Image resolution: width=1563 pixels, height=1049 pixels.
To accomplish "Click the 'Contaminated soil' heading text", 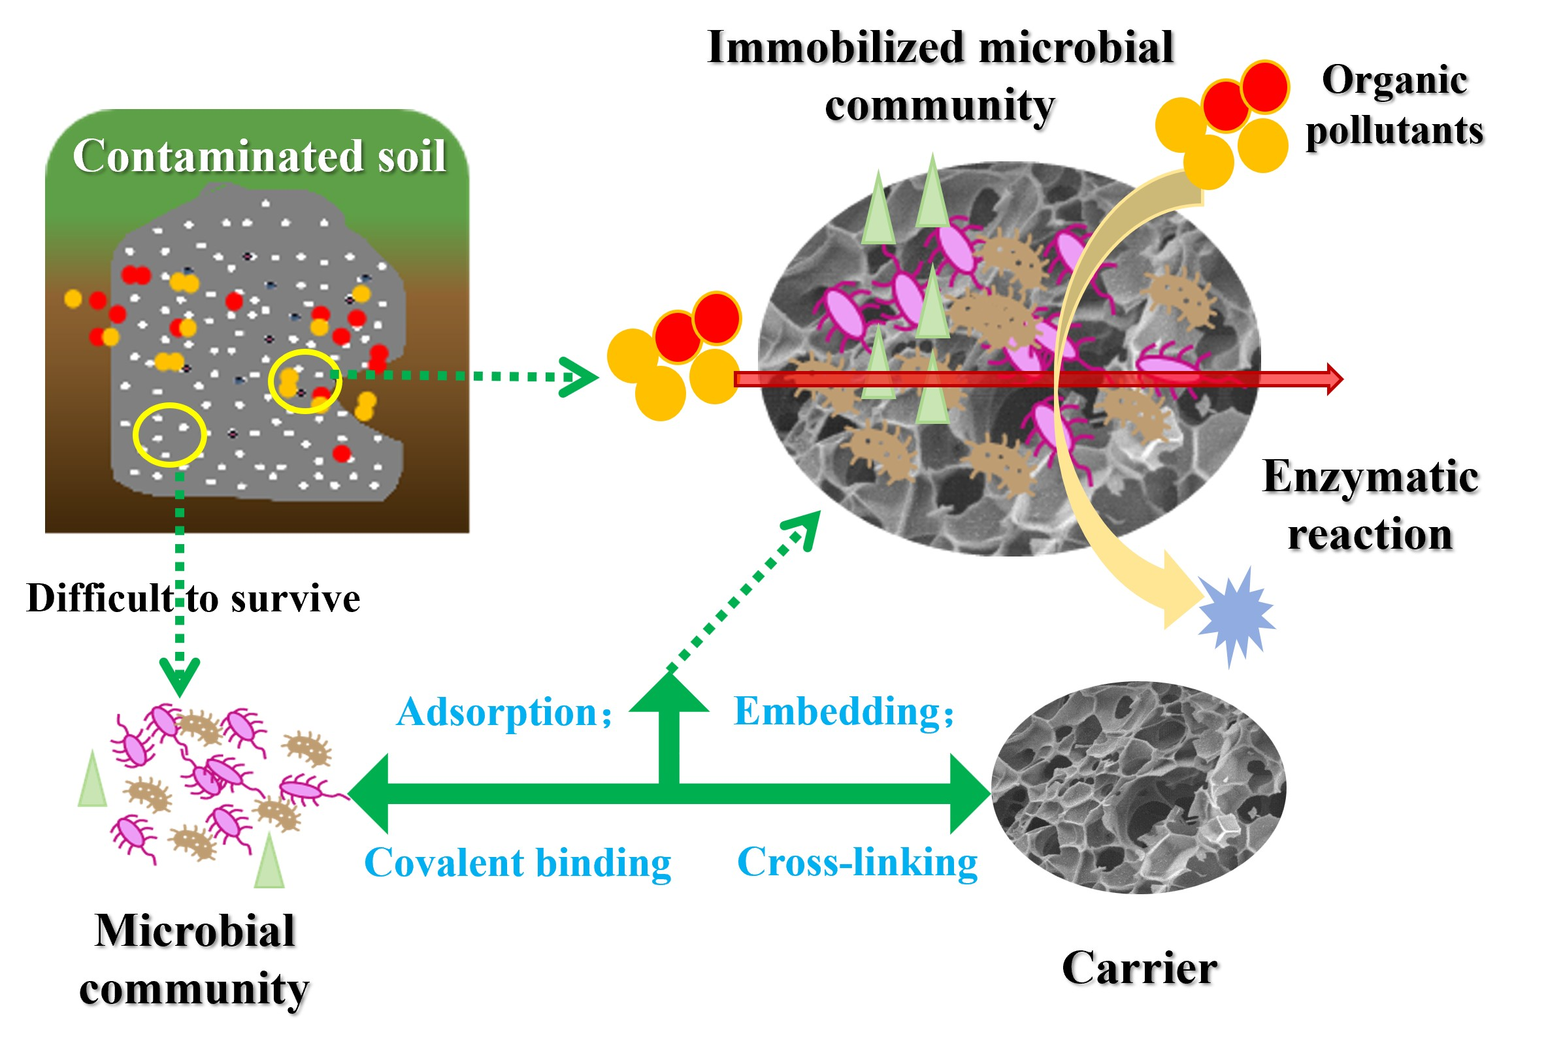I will pos(259,156).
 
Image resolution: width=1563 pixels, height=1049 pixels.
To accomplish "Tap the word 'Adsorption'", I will pos(497,712).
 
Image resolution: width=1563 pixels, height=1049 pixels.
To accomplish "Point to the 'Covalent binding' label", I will pos(518,862).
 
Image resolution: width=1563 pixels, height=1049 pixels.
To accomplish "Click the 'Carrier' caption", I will pos(1139,967).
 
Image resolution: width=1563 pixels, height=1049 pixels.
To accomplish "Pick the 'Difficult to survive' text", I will pos(193,598).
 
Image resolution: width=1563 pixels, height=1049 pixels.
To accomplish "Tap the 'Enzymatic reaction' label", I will pos(1370,505).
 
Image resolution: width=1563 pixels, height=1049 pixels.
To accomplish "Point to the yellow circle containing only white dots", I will pos(169,434).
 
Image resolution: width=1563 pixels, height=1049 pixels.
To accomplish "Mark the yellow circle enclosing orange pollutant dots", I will pos(304,381).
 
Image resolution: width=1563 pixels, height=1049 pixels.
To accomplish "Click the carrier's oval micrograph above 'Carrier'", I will pos(1138,788).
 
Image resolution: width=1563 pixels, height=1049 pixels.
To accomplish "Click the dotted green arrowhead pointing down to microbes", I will pos(179,675).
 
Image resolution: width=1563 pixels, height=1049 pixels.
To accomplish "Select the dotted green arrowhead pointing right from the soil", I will pos(579,377).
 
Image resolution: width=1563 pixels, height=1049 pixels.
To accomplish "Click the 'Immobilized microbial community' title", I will pos(940,76).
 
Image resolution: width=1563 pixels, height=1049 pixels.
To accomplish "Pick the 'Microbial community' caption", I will pos(194,959).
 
